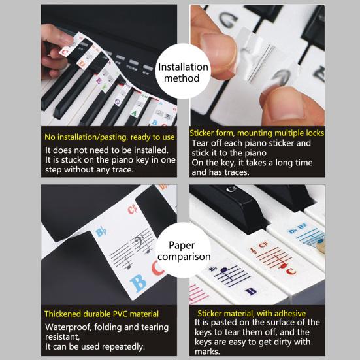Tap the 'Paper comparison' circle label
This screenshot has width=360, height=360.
(x=184, y=251)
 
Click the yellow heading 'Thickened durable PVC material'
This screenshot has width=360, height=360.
(x=101, y=314)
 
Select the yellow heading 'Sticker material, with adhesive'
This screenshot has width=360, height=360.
(x=252, y=314)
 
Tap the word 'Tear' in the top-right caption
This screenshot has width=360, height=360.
(x=200, y=143)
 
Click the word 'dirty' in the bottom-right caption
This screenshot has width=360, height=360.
(x=282, y=342)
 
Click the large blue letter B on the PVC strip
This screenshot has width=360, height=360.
(x=139, y=283)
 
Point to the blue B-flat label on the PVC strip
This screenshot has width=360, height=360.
(x=101, y=233)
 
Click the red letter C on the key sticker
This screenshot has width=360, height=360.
(x=291, y=271)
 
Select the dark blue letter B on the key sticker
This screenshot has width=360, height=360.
(x=251, y=291)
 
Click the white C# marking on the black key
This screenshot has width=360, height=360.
(x=231, y=189)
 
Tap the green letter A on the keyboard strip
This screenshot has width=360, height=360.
(x=134, y=113)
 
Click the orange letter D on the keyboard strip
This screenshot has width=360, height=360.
(x=82, y=63)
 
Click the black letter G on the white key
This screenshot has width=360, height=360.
(x=228, y=21)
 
